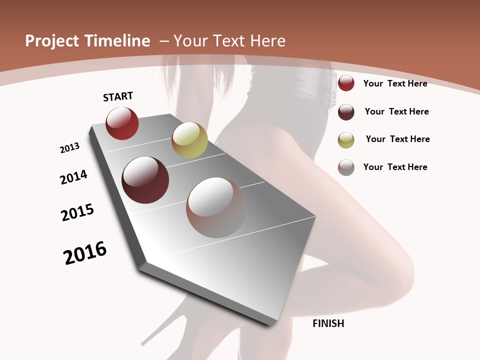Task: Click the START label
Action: pos(118,96)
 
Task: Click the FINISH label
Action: pos(328,323)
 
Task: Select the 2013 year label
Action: pos(69,148)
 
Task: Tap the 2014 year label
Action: pos(74,177)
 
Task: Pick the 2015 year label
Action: pos(77,212)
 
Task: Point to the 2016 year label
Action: pos(85,253)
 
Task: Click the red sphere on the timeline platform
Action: pos(122,123)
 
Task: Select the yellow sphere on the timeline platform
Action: pos(189,139)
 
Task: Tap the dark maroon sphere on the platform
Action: pos(145,180)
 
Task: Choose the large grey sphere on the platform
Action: pos(216,207)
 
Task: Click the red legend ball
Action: pos(346,83)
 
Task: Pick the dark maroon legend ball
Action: pos(346,112)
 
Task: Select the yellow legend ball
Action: pos(346,139)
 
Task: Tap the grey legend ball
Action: pos(346,167)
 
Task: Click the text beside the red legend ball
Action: pos(395,83)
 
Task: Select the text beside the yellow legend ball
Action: pos(397,139)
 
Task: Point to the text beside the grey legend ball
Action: pos(395,167)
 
